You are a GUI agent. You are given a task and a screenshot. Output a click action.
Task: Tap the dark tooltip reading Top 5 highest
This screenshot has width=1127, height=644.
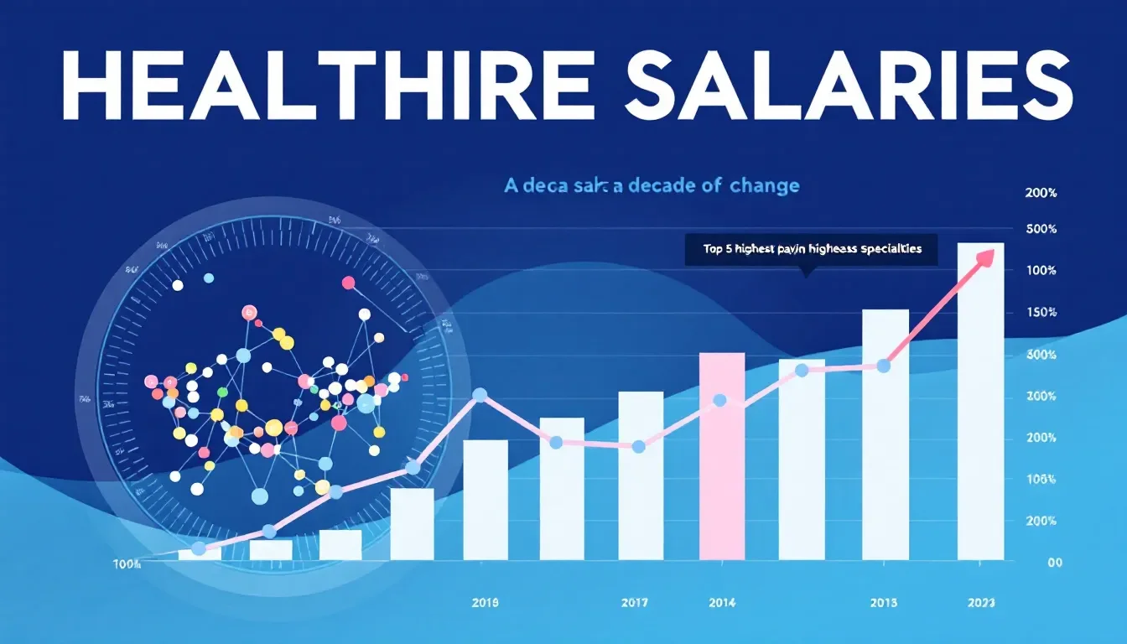pyautogui.click(x=811, y=249)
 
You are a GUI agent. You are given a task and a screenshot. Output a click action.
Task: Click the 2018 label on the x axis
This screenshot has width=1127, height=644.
pyautogui.click(x=485, y=602)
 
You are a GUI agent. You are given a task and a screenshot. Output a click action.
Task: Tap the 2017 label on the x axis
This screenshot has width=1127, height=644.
pyautogui.click(x=635, y=602)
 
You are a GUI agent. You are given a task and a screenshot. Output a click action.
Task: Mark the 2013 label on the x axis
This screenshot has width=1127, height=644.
pyautogui.click(x=883, y=602)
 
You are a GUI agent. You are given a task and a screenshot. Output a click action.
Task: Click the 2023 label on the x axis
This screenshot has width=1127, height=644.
pyautogui.click(x=980, y=602)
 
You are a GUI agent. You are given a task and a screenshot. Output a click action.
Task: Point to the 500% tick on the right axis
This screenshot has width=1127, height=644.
pyautogui.click(x=1041, y=229)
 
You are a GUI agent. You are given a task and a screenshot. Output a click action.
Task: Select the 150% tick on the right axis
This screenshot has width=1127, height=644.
pyautogui.click(x=1041, y=312)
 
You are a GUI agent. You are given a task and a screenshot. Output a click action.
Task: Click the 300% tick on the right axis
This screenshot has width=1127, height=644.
pyautogui.click(x=1041, y=355)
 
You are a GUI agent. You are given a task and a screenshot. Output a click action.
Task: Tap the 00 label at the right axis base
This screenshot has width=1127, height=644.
pyautogui.click(x=1055, y=563)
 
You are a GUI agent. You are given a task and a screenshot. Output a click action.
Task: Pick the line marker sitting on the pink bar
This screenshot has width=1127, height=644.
pyautogui.click(x=719, y=400)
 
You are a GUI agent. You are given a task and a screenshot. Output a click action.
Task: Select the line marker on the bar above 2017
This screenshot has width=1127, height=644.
pyautogui.click(x=638, y=447)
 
